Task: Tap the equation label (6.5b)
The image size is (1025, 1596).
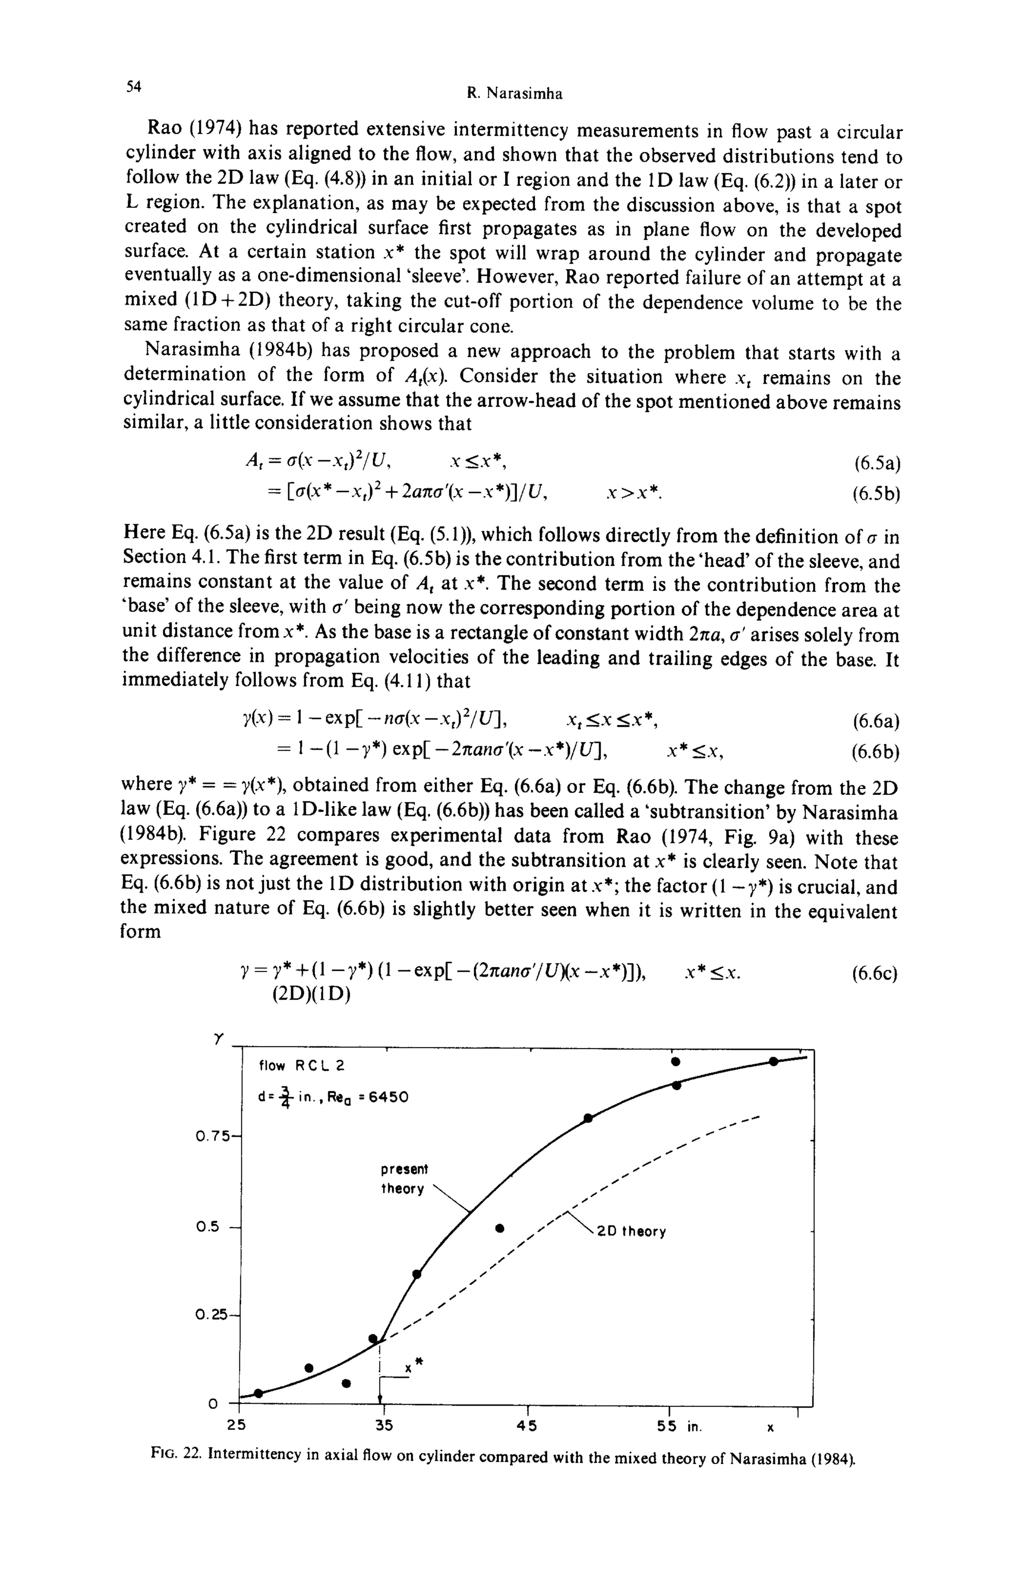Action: tap(876, 495)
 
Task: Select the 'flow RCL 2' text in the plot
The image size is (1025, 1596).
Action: tap(301, 1066)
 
